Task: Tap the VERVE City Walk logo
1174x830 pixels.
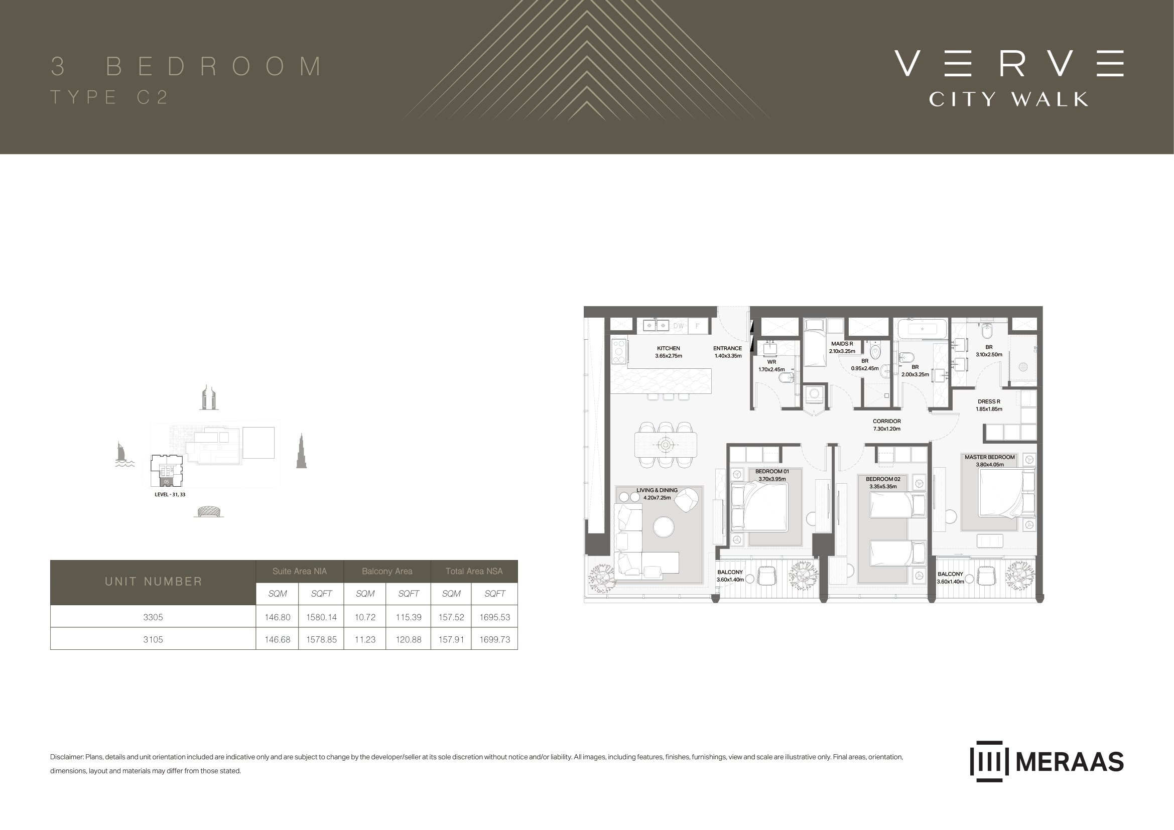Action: (1009, 78)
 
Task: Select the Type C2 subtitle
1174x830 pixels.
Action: (109, 98)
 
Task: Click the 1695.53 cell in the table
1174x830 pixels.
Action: (494, 617)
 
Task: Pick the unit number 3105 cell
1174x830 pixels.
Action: (153, 639)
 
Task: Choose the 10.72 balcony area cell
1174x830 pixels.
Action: (365, 617)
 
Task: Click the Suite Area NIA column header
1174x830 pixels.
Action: (300, 572)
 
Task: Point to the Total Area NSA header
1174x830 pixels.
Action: (474, 572)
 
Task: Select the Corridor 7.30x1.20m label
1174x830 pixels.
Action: (886, 425)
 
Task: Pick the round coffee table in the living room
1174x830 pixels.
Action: (664, 527)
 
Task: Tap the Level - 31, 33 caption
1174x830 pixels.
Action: (170, 495)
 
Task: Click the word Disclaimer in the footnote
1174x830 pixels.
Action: (66, 757)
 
